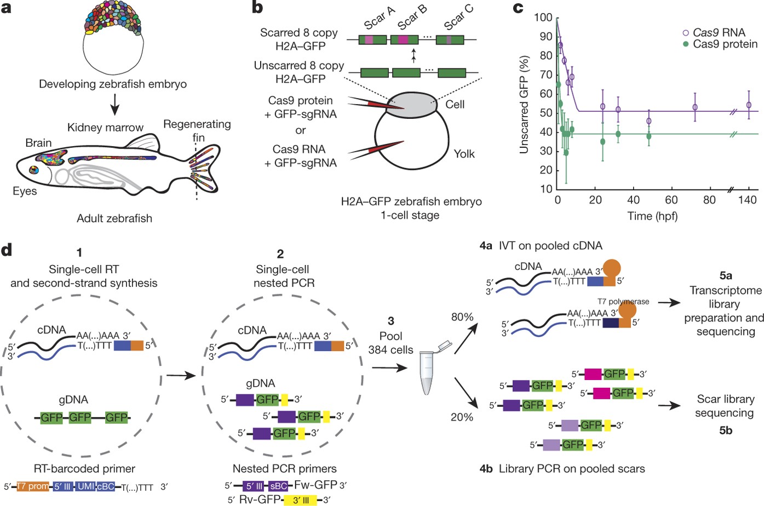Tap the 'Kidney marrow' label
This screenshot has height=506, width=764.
tap(105, 128)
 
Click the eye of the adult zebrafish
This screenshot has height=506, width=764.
tap(35, 170)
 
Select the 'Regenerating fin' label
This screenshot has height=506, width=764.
tap(197, 130)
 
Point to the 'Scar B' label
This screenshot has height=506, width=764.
tap(412, 17)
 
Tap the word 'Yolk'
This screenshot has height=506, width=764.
tap(464, 154)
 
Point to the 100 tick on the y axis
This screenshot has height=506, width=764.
tap(543, 18)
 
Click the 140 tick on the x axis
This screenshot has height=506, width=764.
tap(748, 200)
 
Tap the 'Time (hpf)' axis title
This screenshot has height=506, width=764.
tap(652, 216)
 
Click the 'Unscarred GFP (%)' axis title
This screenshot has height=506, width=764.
tap(524, 105)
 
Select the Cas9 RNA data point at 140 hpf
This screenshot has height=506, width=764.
tap(749, 105)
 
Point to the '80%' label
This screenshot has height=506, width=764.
tap(462, 317)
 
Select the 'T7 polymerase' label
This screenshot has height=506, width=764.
tap(623, 301)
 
